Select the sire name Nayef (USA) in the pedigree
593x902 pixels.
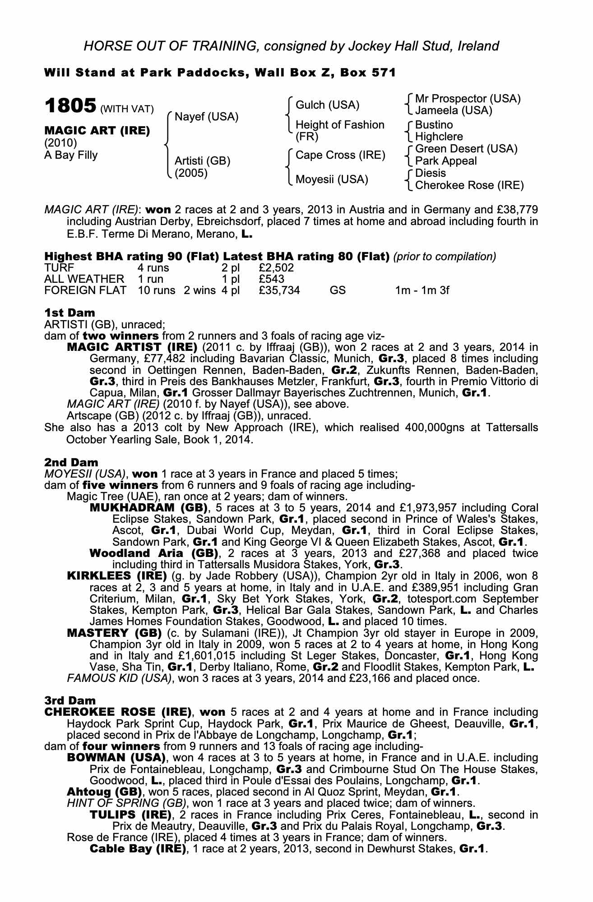[206, 117]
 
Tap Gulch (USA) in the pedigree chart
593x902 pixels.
[327, 105]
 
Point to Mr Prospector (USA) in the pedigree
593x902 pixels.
[468, 98]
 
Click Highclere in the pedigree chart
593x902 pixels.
[439, 137]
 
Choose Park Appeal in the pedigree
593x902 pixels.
[445, 161]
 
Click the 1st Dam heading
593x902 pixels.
[69, 313]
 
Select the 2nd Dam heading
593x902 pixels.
[71, 462]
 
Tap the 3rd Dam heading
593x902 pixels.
[70, 700]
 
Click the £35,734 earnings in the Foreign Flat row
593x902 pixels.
[279, 290]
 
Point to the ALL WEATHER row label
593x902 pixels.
[84, 279]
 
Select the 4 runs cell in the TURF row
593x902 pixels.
[153, 268]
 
